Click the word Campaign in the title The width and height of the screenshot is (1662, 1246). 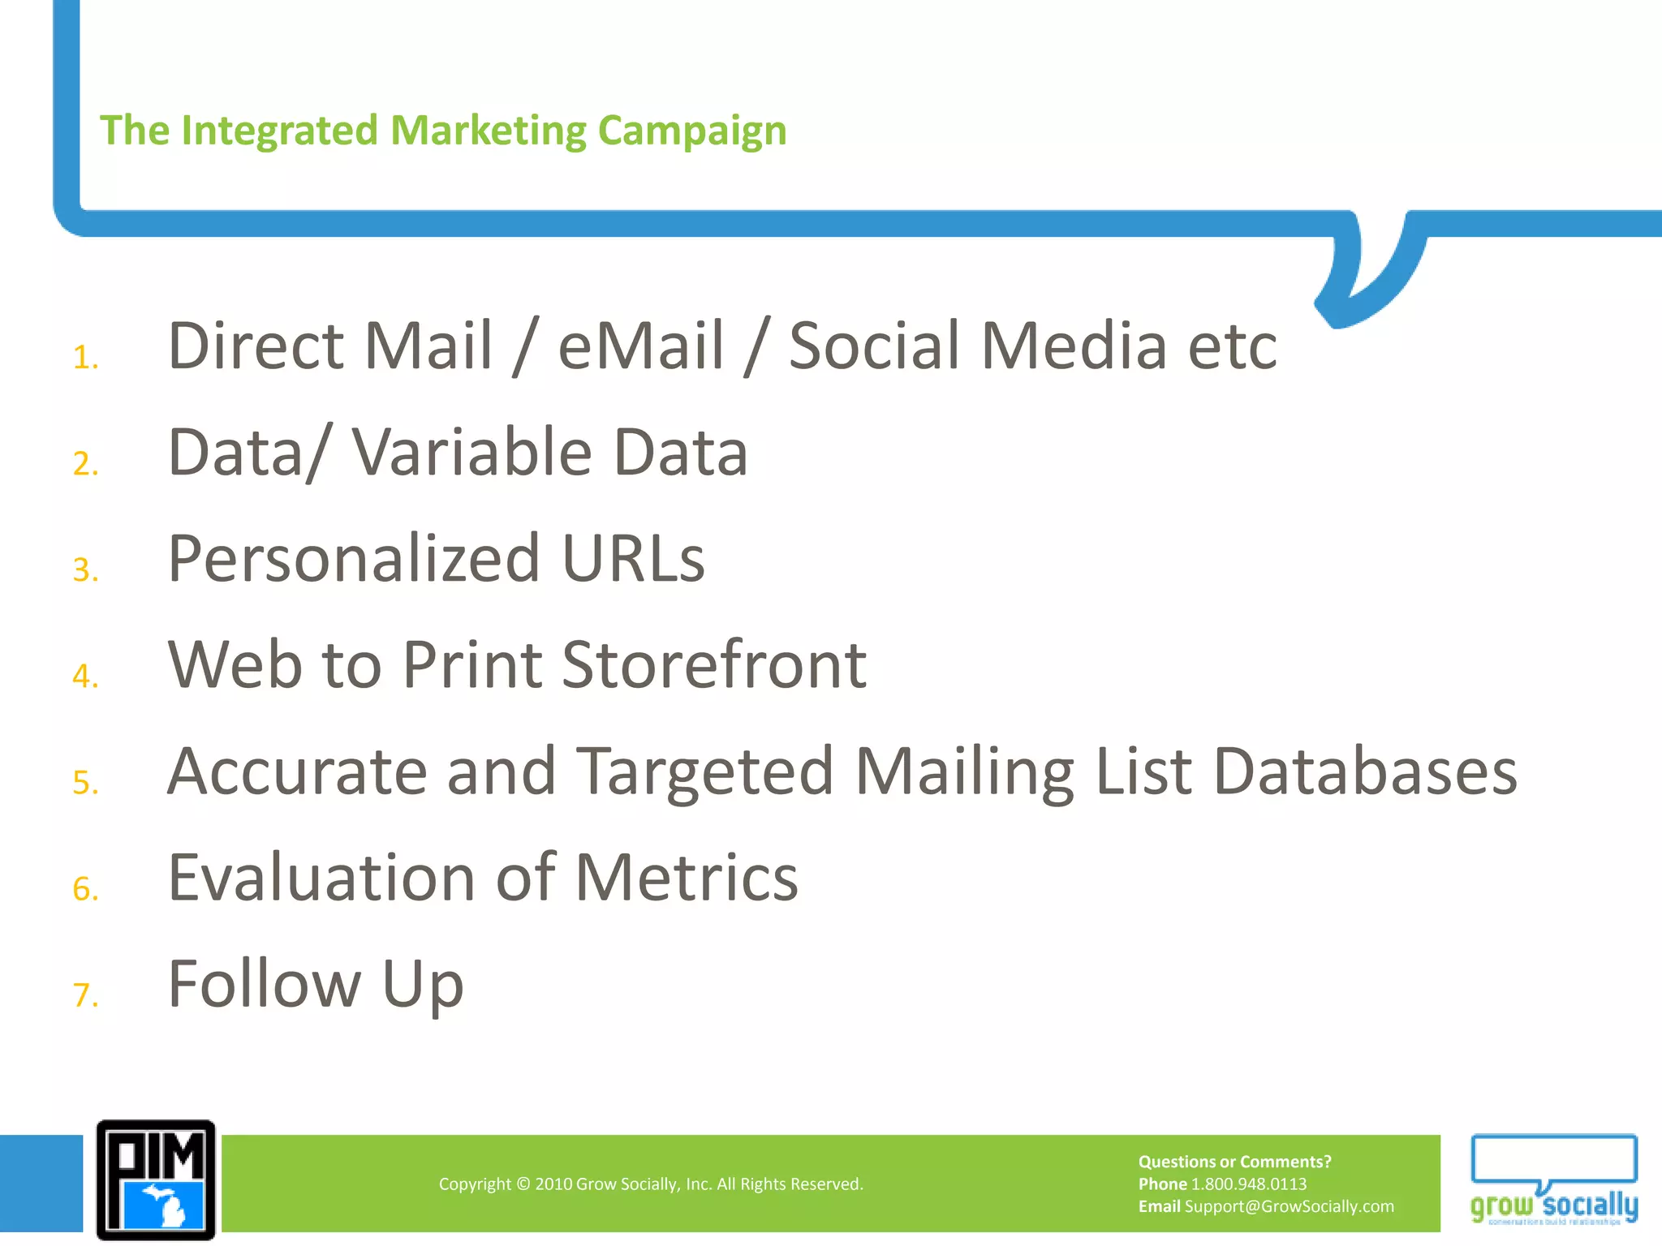coord(691,131)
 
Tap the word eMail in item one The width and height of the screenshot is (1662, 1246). coord(640,346)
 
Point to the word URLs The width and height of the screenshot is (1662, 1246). coord(633,559)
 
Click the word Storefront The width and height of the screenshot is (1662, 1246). coord(714,665)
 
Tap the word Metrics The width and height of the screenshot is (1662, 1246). coord(687,878)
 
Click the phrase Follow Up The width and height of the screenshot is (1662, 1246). coord(315,984)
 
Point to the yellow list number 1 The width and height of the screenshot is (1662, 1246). coord(84,358)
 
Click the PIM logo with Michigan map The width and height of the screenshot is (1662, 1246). coord(156,1180)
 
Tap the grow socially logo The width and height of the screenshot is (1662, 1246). coord(1553,1180)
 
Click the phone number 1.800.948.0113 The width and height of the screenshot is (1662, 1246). coord(1248,1184)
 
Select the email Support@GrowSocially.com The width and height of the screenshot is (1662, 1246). coord(1289,1206)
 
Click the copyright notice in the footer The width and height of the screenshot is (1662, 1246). coord(651,1184)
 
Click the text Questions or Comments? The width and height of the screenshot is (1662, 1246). coord(1234,1162)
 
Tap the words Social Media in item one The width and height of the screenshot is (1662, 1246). coord(977,346)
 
